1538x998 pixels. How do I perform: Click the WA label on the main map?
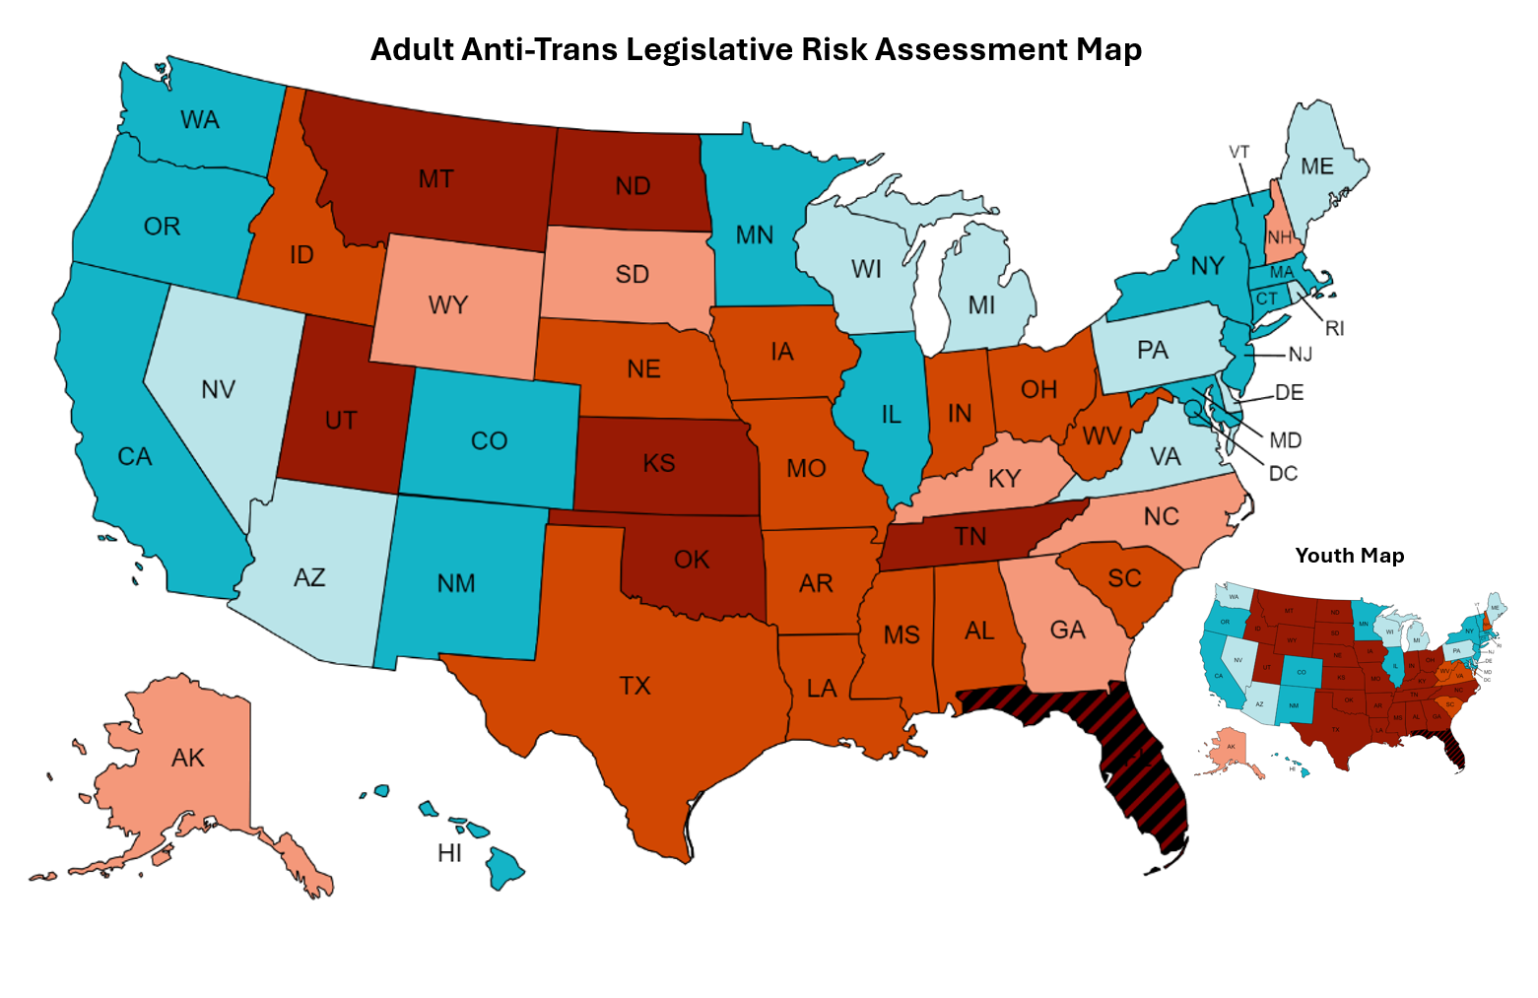point(199,120)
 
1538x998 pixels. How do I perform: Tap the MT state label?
point(435,179)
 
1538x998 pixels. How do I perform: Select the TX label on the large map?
point(635,686)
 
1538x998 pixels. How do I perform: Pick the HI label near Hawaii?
point(449,853)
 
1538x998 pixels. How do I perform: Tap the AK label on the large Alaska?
point(187,758)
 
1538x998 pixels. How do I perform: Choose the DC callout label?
point(1283,474)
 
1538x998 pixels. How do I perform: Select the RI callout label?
point(1334,329)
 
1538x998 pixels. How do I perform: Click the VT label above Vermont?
point(1239,152)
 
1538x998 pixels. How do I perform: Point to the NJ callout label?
point(1301,355)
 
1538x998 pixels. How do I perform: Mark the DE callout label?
point(1289,393)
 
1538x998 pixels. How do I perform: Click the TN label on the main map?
point(970,536)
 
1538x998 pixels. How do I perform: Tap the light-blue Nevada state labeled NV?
point(218,390)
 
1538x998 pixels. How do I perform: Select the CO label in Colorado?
point(489,440)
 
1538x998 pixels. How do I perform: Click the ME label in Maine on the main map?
point(1317,166)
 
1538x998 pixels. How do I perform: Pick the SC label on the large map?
point(1123,578)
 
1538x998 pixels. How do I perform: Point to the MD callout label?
point(1286,440)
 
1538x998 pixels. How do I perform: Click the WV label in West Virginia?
point(1102,435)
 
